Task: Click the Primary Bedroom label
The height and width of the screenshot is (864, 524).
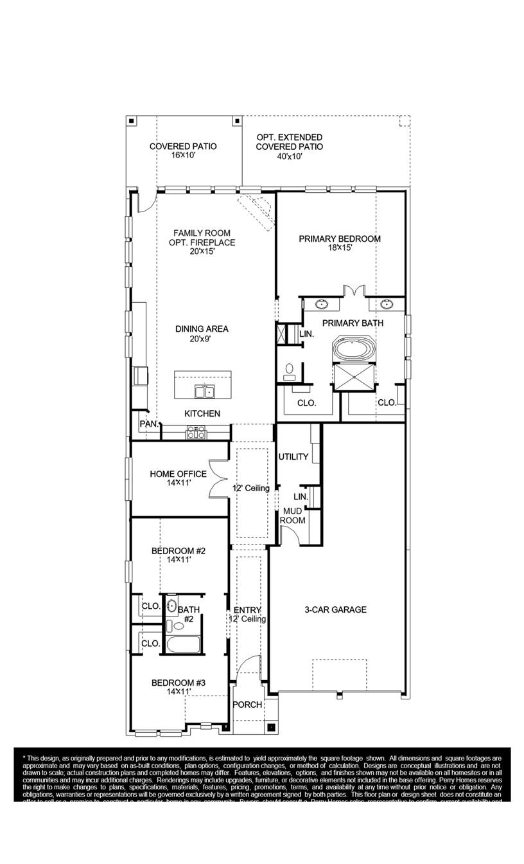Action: (x=339, y=239)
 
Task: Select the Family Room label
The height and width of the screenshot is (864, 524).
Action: (x=202, y=233)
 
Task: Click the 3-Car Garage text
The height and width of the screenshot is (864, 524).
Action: (x=335, y=609)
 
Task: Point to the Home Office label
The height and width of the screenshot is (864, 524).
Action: (x=178, y=474)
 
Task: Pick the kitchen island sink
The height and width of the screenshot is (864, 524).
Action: (x=205, y=391)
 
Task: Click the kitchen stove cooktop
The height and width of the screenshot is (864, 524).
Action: (x=196, y=433)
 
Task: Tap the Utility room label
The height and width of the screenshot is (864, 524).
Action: (x=293, y=457)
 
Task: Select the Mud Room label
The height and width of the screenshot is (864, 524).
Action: (x=293, y=516)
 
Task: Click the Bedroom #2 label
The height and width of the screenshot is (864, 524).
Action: (x=178, y=551)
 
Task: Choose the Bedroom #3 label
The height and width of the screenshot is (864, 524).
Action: (x=178, y=683)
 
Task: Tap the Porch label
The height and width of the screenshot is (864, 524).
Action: (x=247, y=705)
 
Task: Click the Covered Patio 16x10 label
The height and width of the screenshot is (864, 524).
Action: (x=183, y=147)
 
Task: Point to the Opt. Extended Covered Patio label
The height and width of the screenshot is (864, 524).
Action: (x=289, y=142)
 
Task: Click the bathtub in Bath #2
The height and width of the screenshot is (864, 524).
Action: (x=182, y=644)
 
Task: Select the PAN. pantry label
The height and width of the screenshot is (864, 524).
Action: (x=149, y=424)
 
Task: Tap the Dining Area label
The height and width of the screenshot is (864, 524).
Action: (x=202, y=329)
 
